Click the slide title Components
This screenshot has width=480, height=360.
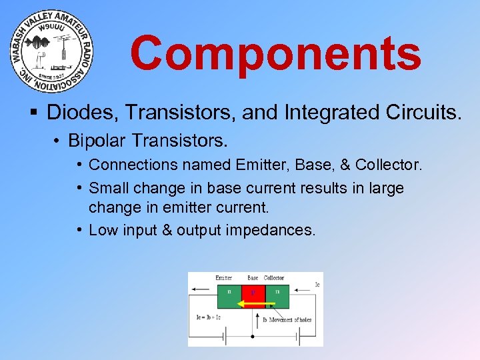coord(275,53)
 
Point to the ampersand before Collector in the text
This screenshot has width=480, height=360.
coord(345,164)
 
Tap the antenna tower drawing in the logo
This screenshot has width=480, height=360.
coord(60,50)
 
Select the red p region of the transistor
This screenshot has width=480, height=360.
coord(253,294)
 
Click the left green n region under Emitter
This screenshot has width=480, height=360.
coord(230,294)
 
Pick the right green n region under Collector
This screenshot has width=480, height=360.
coord(277,294)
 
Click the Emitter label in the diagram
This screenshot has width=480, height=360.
coord(224,277)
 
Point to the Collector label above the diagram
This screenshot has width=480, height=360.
coord(274,277)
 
